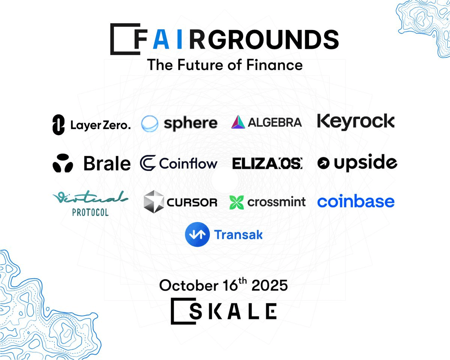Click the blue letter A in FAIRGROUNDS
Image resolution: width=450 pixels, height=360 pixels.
[161, 39]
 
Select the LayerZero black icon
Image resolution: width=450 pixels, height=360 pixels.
[58, 124]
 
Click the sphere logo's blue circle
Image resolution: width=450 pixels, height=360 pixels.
[150, 123]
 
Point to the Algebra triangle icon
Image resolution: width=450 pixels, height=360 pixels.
[238, 122]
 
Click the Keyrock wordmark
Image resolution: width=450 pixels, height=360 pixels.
[356, 122]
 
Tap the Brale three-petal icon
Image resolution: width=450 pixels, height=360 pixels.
[63, 163]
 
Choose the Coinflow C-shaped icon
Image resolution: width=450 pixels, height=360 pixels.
[148, 163]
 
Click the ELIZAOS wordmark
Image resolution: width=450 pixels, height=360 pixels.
[267, 163]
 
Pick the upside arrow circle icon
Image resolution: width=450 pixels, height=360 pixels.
[323, 163]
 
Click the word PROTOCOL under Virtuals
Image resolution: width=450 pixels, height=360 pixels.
[90, 213]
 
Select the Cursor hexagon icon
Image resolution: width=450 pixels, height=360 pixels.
[154, 202]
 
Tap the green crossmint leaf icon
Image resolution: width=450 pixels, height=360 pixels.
[237, 202]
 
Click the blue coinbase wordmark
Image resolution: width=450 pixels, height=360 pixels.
[356, 201]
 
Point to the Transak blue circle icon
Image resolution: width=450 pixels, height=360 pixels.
[197, 234]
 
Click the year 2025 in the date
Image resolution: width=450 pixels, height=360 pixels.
[270, 285]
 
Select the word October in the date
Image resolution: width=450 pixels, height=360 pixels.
[188, 285]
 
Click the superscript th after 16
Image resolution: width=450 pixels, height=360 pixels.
[243, 280]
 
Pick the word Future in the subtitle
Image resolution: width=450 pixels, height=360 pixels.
[200, 65]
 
